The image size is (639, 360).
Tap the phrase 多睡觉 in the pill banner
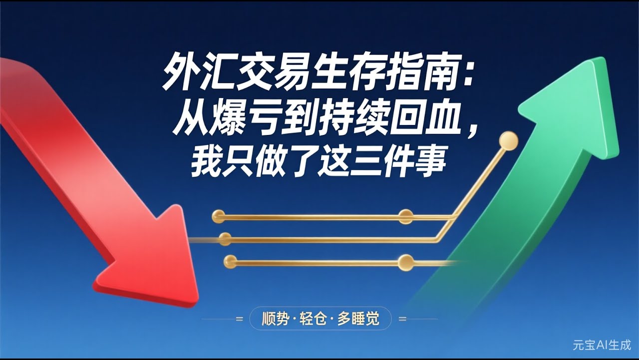[358, 318]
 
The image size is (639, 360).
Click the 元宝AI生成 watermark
[602, 345]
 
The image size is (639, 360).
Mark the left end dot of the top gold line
[218, 216]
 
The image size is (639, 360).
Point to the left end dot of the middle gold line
[225, 239]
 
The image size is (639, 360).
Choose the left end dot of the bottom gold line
[230, 260]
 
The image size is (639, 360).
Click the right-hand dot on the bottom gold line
[406, 261]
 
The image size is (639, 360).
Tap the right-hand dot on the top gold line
[406, 216]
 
